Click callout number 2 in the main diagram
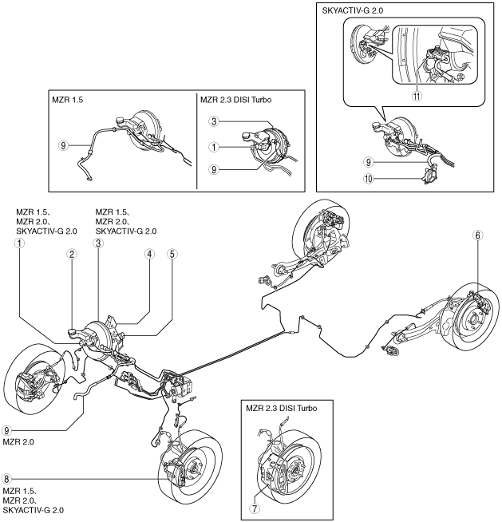tap(72, 255)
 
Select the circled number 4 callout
tap(149, 255)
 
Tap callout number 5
tap(172, 255)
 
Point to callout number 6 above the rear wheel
tap(477, 235)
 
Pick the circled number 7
tap(255, 508)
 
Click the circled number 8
tap(6, 479)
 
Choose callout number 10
tap(368, 179)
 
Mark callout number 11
tap(417, 97)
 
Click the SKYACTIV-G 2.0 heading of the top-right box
tap(353, 10)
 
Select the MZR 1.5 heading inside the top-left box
tap(68, 100)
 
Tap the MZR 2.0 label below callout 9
tap(18, 442)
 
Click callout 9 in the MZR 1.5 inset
tap(63, 145)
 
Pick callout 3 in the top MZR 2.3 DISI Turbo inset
tap(214, 121)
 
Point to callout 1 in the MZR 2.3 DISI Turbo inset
tap(214, 147)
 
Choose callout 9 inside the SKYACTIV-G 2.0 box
tap(368, 163)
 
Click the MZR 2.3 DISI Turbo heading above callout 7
tap(282, 408)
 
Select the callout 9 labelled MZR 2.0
tap(6, 430)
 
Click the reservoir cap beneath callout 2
tap(73, 331)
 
